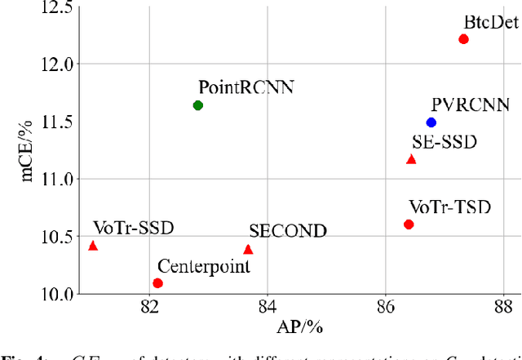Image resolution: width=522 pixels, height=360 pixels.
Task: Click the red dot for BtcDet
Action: tap(463, 39)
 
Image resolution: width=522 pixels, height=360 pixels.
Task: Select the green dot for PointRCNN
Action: tap(197, 105)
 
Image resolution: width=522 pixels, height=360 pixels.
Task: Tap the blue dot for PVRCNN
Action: tap(431, 122)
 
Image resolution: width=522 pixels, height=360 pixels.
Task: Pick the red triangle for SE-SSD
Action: tap(411, 159)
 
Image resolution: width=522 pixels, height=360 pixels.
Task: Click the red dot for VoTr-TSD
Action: tap(409, 224)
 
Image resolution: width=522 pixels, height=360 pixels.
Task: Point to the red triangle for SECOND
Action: tap(248, 250)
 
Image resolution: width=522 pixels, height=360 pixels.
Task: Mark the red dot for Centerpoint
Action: tap(157, 283)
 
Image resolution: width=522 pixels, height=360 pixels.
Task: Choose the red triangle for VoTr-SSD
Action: tap(92, 246)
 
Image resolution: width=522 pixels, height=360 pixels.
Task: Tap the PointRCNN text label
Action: tap(234, 87)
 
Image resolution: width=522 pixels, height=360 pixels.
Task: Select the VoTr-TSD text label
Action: tap(449, 207)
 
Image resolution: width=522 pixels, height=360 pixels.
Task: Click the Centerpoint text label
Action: tap(203, 265)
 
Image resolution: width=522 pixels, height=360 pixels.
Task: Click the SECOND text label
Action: tap(288, 231)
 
